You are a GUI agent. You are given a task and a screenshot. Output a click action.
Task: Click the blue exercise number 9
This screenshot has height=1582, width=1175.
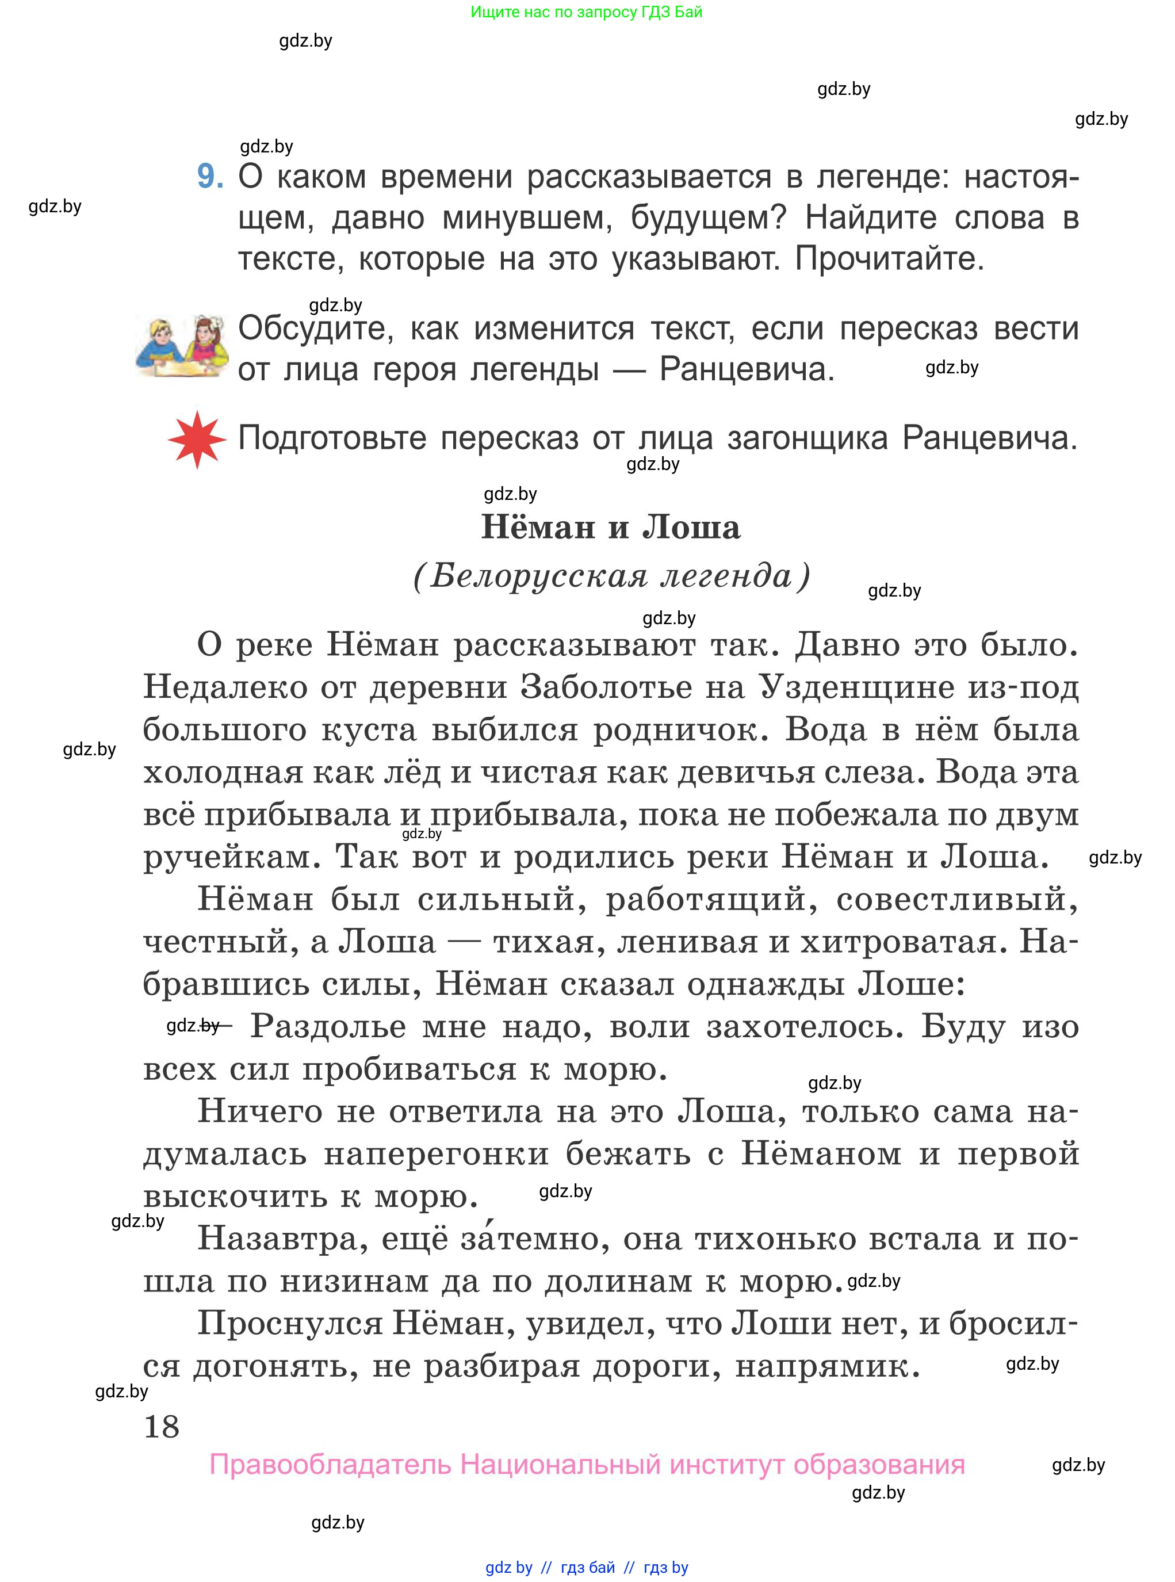point(210,177)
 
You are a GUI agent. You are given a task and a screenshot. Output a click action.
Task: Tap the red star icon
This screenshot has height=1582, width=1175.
point(197,439)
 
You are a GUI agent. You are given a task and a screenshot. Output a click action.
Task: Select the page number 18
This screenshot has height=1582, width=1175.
point(162,1426)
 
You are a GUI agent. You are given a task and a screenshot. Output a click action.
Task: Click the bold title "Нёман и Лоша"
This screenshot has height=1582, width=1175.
point(611,527)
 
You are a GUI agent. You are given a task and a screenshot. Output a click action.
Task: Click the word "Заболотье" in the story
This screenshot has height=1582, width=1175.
point(606,687)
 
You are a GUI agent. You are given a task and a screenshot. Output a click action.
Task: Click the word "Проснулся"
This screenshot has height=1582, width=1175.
point(290,1323)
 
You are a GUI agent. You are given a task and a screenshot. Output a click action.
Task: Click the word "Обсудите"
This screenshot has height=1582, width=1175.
point(316,328)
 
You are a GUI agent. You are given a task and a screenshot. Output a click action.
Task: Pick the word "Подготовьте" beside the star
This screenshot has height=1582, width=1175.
point(332,438)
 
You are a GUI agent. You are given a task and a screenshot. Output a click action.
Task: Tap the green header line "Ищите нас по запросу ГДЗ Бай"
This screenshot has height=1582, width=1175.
point(586,12)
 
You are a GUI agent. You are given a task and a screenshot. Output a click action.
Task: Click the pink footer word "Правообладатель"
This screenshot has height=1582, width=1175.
point(330,1465)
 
